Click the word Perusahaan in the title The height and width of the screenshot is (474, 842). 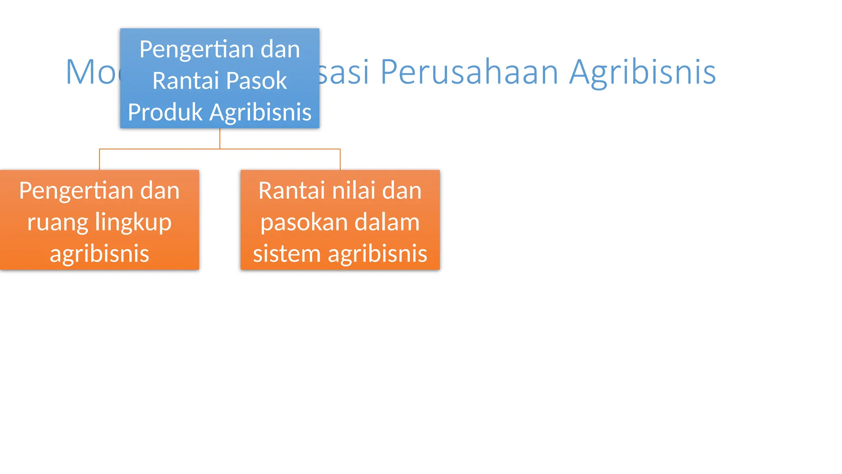(469, 72)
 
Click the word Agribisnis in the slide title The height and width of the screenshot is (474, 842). (642, 72)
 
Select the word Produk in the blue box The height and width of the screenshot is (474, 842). (165, 112)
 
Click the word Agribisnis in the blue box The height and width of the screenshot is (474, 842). (260, 112)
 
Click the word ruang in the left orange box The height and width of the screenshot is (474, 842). (58, 222)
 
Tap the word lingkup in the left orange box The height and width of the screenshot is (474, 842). (133, 222)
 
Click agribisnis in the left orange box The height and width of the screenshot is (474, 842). (99, 253)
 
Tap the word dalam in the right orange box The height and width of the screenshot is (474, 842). (387, 222)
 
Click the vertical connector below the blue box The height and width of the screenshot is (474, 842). (220, 138)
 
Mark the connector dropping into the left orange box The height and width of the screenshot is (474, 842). (99, 160)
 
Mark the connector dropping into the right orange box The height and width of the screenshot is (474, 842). (340, 160)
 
